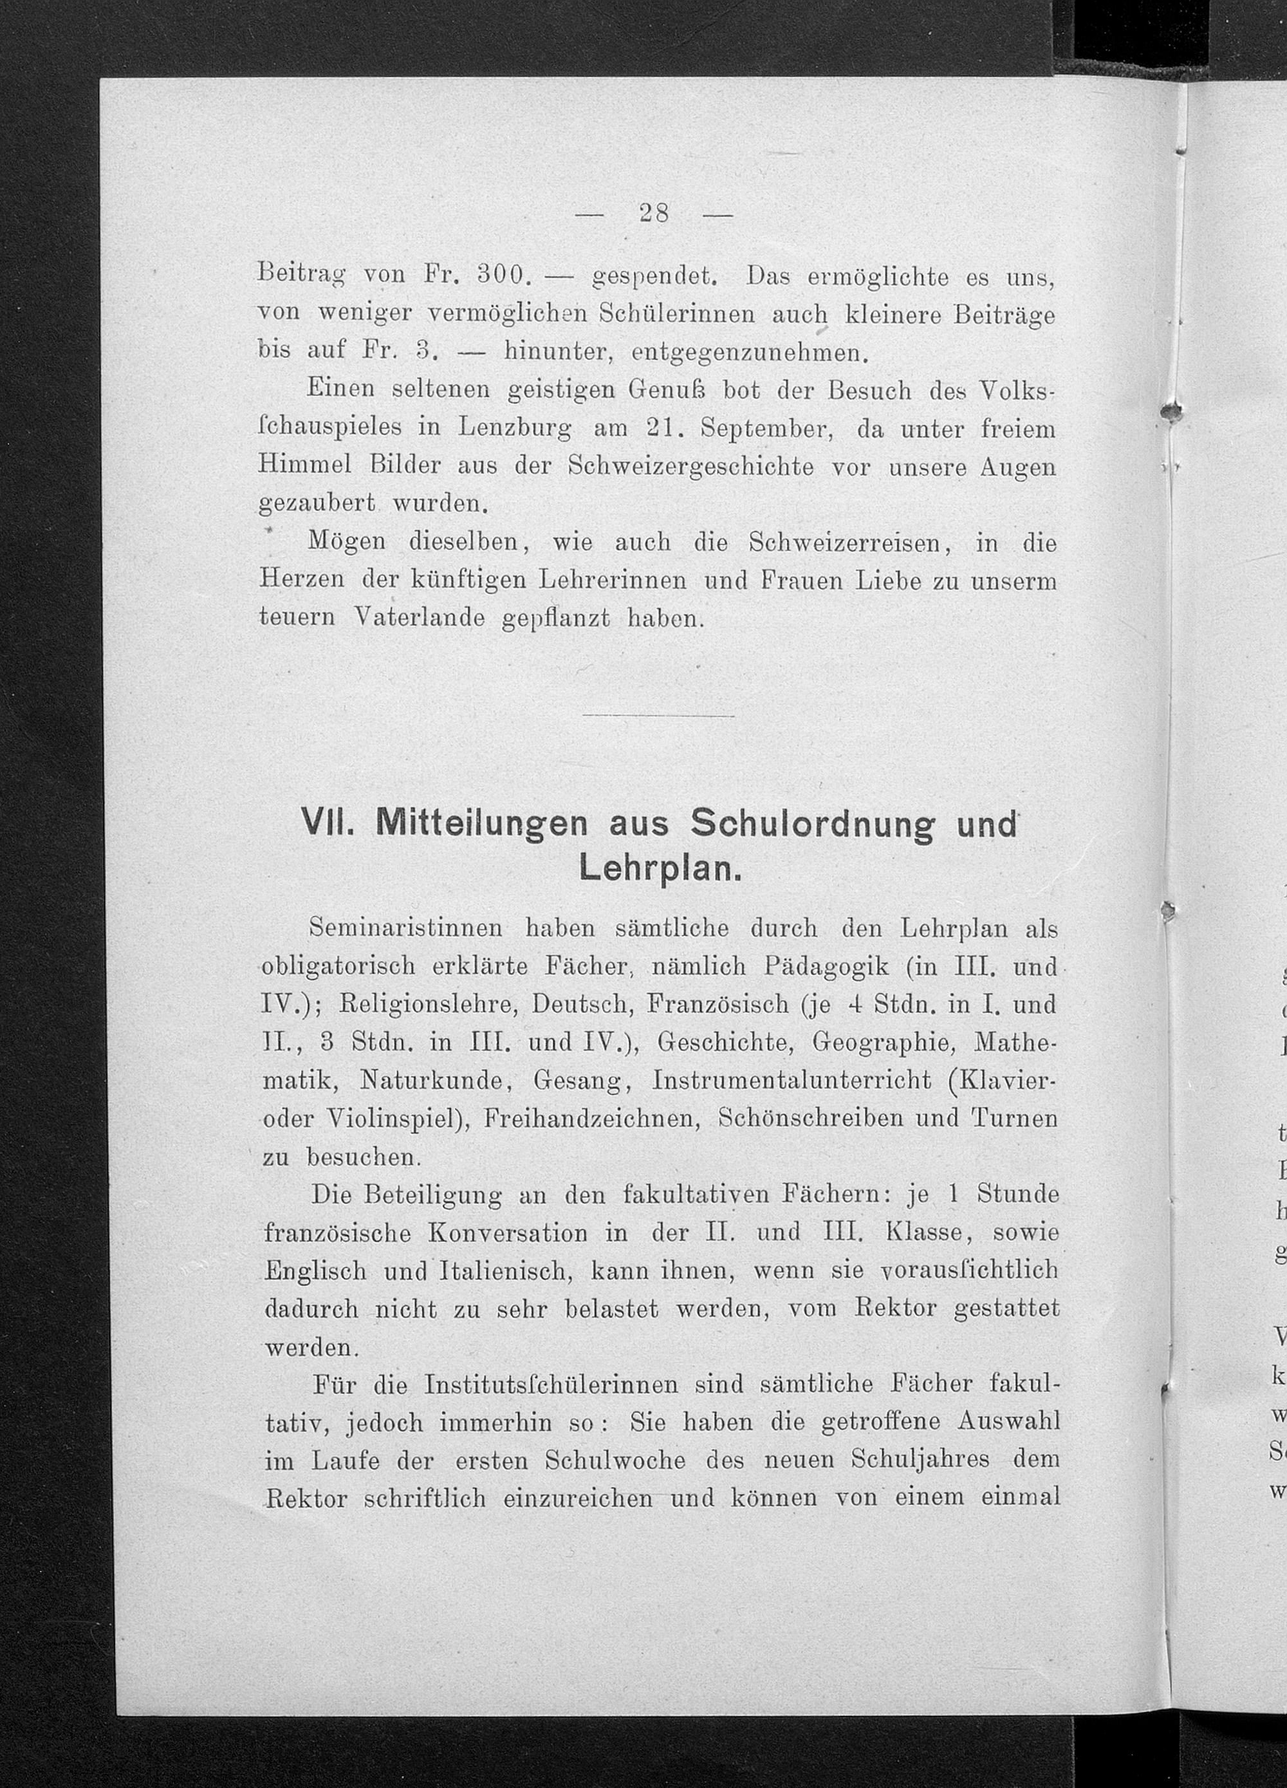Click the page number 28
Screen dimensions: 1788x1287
tap(654, 214)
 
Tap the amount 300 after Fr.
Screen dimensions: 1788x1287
tap(501, 276)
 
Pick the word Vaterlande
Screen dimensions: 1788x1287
tap(420, 617)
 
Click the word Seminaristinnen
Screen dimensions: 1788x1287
tap(406, 928)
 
